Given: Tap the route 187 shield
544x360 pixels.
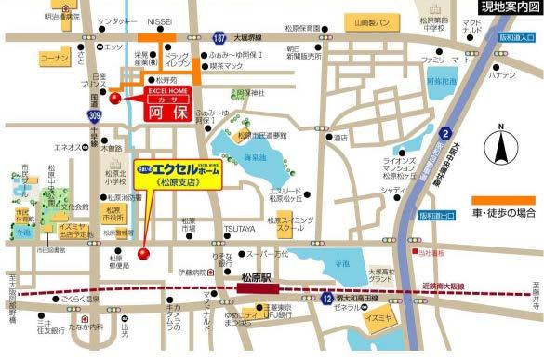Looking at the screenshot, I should click(x=218, y=40).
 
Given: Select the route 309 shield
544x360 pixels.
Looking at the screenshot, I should click(x=95, y=115).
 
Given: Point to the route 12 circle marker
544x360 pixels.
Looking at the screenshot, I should click(x=326, y=298).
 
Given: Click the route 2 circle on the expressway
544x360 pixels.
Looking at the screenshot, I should click(x=445, y=132).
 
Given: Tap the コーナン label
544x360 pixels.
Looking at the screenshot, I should click(x=56, y=58).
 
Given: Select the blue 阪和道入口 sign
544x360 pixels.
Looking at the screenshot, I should click(x=515, y=39).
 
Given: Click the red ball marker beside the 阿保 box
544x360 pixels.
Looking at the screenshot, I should click(x=115, y=97).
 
